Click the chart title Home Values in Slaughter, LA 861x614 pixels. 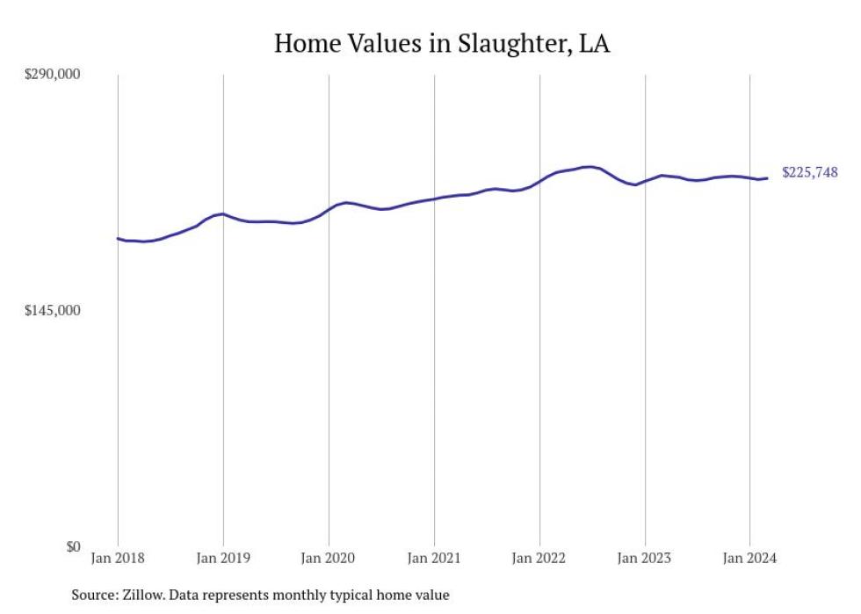tap(442, 43)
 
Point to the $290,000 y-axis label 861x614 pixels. tap(52, 75)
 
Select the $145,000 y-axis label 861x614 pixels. tap(52, 311)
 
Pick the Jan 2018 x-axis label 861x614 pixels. tap(118, 559)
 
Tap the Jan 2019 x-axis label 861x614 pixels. tap(223, 559)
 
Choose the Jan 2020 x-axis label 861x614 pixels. tap(329, 559)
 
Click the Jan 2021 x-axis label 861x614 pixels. tap(434, 559)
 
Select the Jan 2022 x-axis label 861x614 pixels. tap(539, 559)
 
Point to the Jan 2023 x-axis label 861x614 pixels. tap(645, 559)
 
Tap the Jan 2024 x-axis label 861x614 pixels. tap(749, 559)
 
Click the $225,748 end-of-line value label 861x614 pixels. tap(809, 173)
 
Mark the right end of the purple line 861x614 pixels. tap(768, 178)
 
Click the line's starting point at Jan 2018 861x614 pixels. tap(118, 238)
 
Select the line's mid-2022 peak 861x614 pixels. tap(590, 166)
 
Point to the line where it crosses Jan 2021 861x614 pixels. tap(434, 199)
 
